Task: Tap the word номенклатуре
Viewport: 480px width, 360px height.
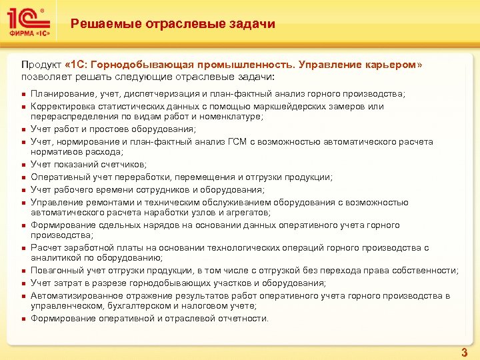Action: tap(213, 117)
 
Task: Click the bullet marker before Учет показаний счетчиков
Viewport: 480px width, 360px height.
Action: tap(23, 165)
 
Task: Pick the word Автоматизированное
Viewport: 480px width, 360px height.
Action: tap(73, 295)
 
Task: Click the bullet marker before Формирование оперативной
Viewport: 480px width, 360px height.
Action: tap(23, 319)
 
